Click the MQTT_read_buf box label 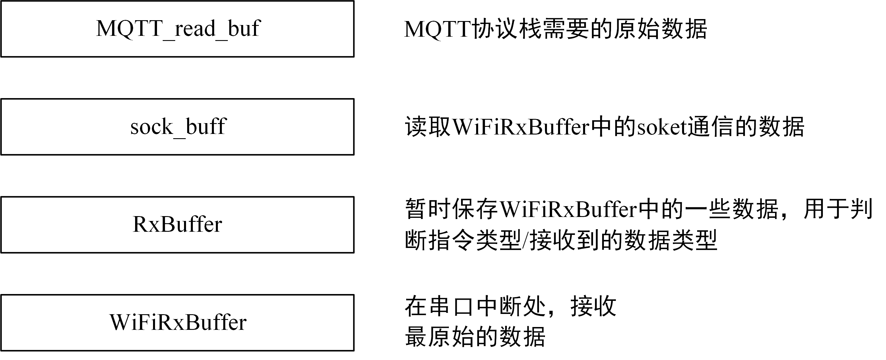178,29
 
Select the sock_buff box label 178,127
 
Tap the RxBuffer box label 177,225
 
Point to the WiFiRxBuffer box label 178,322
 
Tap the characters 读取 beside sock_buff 428,128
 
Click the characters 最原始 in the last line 439,337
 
